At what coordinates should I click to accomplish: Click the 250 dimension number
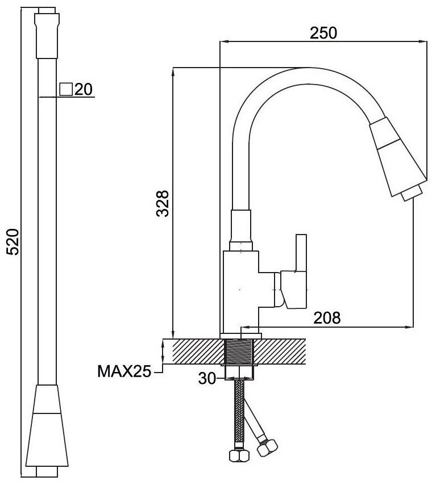coord(323,33)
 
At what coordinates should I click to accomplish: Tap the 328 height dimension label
coord(162,203)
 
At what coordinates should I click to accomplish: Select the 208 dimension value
coord(327,317)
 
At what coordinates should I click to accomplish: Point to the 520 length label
coord(13,242)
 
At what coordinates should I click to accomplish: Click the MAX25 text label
coord(124,371)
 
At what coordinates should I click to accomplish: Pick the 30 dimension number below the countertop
coord(207,378)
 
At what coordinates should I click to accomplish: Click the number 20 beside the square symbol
coord(84,89)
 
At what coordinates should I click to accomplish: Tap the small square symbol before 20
coord(66,89)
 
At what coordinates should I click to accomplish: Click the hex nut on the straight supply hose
coord(239,455)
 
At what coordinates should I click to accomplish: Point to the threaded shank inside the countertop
coord(239,352)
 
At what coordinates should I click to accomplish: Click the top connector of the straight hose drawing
coord(47,33)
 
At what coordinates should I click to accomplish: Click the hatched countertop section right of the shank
coord(280,352)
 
